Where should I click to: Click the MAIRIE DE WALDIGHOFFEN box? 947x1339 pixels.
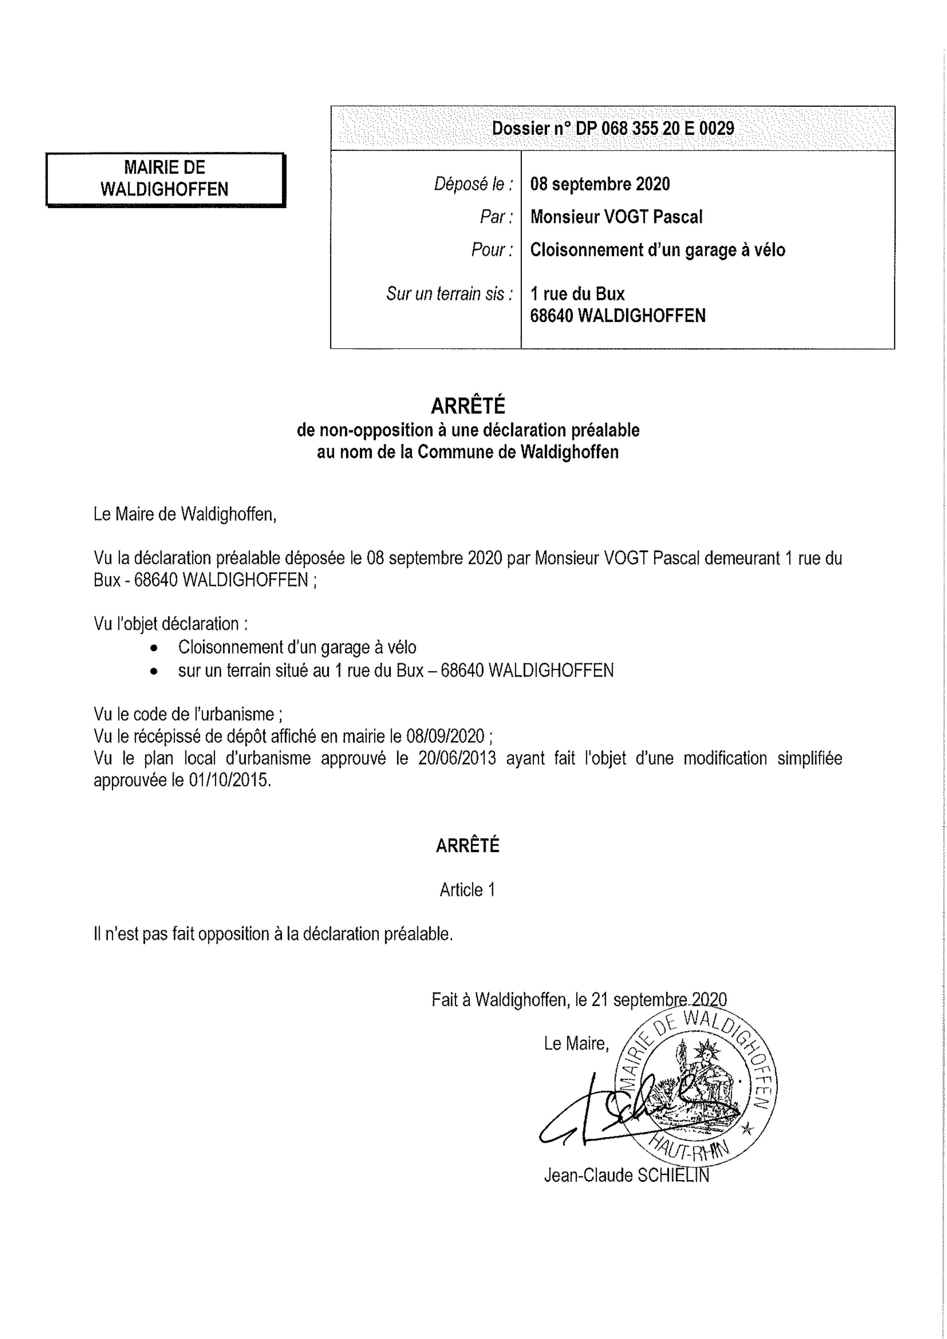(165, 179)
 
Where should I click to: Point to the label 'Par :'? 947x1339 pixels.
(496, 217)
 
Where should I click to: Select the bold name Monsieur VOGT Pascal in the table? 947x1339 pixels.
(616, 217)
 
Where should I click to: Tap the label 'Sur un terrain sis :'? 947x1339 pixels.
(449, 294)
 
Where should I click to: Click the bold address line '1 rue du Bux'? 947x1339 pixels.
(577, 294)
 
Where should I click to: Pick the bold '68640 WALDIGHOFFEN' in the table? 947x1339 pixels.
(617, 316)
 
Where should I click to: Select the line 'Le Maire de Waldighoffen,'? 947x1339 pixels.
(185, 514)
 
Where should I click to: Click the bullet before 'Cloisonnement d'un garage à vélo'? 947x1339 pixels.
(153, 648)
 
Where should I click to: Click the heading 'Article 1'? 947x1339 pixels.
(468, 890)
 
